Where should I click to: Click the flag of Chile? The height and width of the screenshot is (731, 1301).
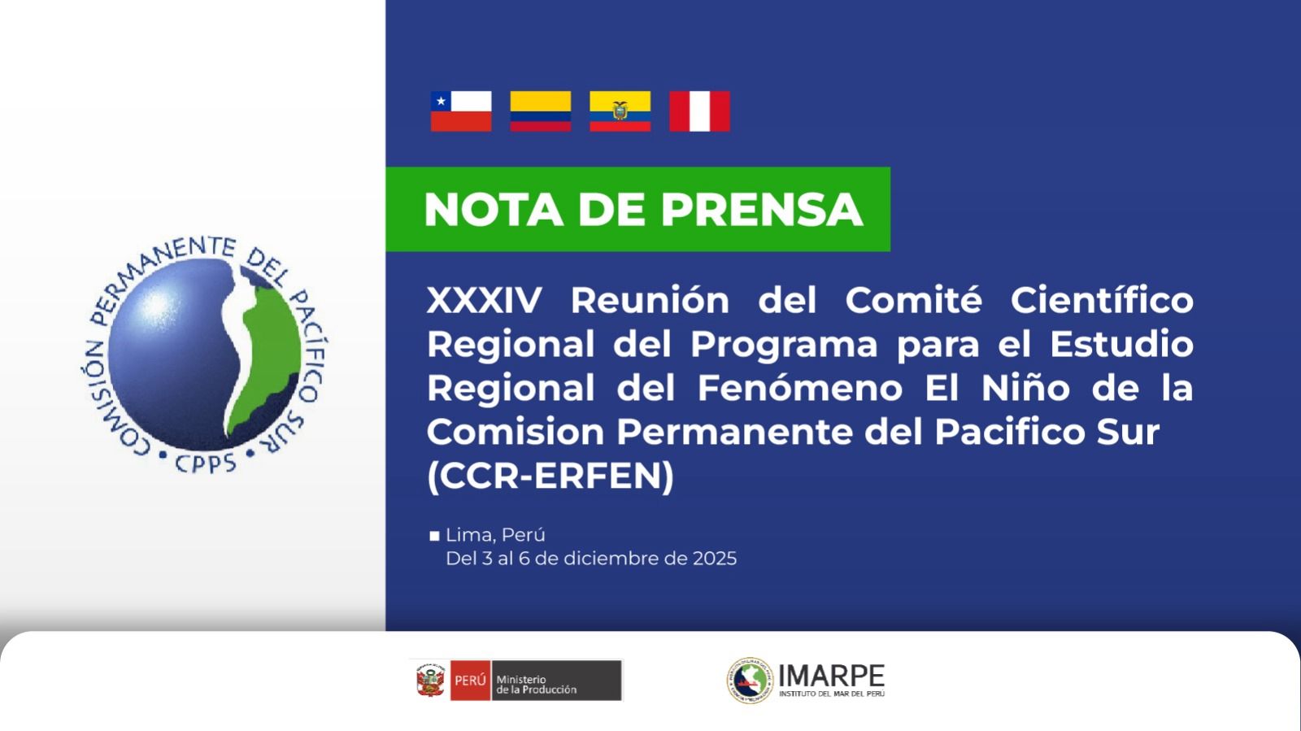pyautogui.click(x=460, y=111)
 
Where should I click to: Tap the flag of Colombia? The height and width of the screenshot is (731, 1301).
pyautogui.click(x=540, y=111)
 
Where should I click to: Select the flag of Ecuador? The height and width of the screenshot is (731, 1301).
pyautogui.click(x=620, y=111)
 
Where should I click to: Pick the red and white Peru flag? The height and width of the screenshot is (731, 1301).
pyautogui.click(x=699, y=111)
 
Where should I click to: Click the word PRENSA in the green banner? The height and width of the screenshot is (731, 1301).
pyautogui.click(x=761, y=209)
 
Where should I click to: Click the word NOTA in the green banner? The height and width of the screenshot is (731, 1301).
pyautogui.click(x=493, y=209)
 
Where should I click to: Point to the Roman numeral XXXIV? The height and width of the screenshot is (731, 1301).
pyautogui.click(x=485, y=300)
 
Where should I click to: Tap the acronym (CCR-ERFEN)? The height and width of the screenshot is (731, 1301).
pyautogui.click(x=550, y=476)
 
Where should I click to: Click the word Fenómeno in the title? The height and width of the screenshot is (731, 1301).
pyautogui.click(x=800, y=387)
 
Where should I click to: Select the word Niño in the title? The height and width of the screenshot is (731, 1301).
pyautogui.click(x=1025, y=387)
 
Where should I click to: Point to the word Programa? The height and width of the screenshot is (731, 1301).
pyautogui.click(x=784, y=346)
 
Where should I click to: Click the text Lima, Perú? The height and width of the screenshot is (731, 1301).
pyautogui.click(x=495, y=535)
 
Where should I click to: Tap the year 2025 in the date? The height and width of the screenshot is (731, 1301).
pyautogui.click(x=715, y=559)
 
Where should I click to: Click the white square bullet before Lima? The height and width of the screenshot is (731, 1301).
pyautogui.click(x=434, y=536)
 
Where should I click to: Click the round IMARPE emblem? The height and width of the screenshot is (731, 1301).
pyautogui.click(x=750, y=680)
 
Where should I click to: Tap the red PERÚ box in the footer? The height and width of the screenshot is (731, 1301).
pyautogui.click(x=470, y=680)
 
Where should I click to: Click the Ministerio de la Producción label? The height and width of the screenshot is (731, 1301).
pyautogui.click(x=536, y=685)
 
